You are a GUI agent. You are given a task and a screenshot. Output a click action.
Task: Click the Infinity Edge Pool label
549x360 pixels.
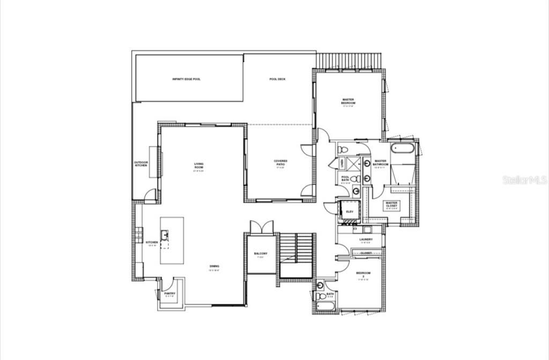[x=187, y=79]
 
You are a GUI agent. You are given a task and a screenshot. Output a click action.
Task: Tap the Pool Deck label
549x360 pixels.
[x=277, y=79]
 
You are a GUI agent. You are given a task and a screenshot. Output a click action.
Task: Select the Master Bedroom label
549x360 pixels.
[x=348, y=101]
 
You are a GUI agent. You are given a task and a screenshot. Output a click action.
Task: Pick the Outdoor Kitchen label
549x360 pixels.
[x=141, y=164]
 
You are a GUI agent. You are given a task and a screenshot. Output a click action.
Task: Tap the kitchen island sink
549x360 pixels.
[x=166, y=234]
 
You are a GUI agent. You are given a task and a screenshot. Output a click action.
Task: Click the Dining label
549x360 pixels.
[x=214, y=266]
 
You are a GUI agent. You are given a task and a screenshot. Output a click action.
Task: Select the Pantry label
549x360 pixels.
[x=170, y=294]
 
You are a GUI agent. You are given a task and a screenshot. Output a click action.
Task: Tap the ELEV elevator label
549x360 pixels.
[x=350, y=212]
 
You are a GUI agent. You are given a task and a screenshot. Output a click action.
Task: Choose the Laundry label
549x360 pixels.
[x=366, y=239]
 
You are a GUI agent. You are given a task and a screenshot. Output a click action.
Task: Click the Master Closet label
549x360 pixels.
[x=391, y=205]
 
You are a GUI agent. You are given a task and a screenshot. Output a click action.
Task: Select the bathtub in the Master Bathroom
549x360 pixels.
[x=403, y=148]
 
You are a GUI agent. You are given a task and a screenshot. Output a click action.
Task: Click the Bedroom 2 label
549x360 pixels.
[x=363, y=275]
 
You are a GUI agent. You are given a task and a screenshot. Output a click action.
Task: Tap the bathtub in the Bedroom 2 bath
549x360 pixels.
[x=325, y=306]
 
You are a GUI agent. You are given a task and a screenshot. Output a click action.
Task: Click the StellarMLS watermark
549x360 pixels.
[x=525, y=180]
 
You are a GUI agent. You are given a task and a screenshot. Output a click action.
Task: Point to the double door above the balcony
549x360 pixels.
[x=261, y=227]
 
